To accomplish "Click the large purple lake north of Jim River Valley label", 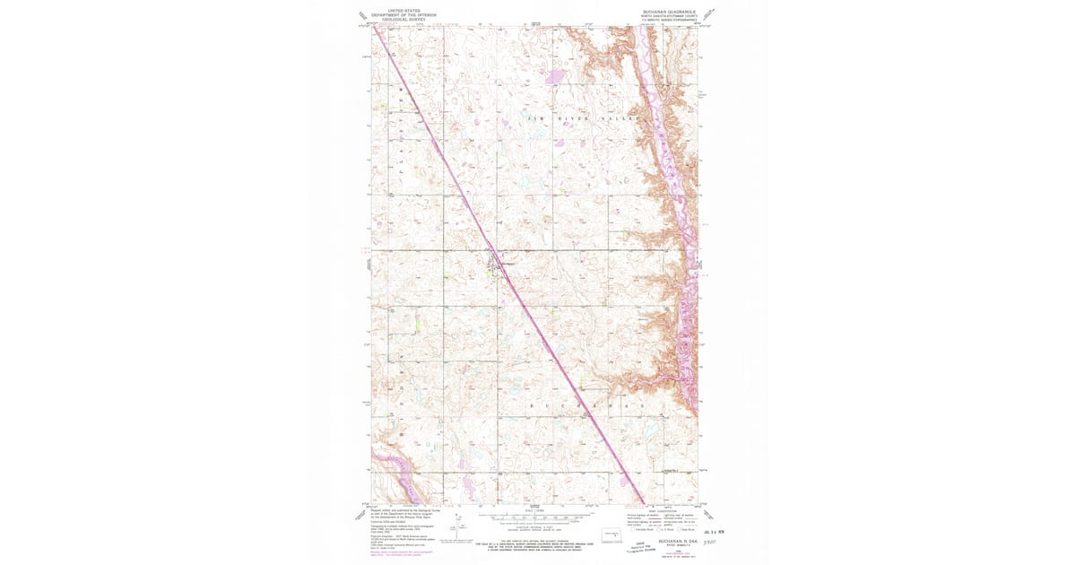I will (555, 77).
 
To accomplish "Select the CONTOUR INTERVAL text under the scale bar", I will (536, 529).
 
